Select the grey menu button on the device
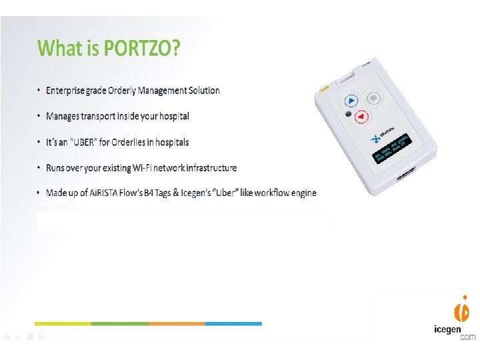point(373,99)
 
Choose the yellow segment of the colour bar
point(63,323)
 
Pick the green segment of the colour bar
point(119,323)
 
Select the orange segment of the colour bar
point(176,323)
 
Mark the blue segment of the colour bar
point(233,323)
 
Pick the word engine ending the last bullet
point(302,193)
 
